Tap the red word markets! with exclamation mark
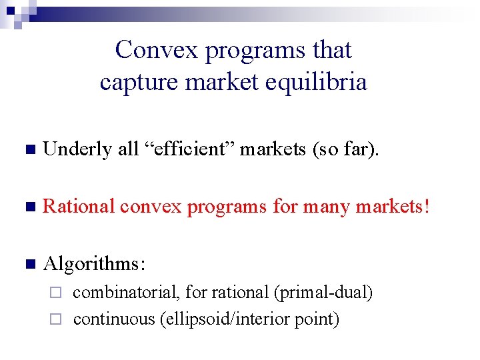[393, 207]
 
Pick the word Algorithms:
[94, 264]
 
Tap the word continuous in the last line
[113, 319]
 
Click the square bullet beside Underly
[27, 150]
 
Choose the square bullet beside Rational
[27, 207]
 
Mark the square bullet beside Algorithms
[27, 265]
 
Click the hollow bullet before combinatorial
[57, 293]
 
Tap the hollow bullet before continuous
[57, 319]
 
